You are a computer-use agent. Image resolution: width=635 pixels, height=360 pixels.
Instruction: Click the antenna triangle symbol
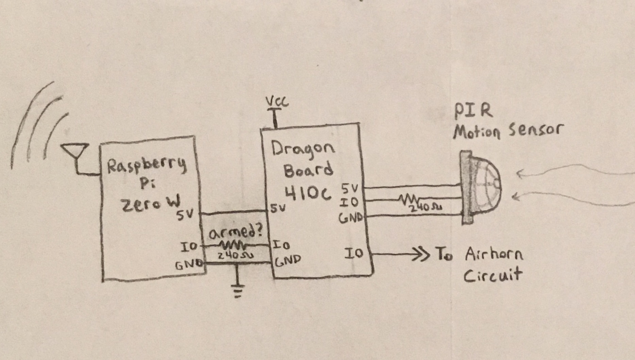(74, 151)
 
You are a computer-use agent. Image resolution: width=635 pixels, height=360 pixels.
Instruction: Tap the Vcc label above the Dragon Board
(277, 101)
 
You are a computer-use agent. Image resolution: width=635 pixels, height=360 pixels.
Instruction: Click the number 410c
(307, 193)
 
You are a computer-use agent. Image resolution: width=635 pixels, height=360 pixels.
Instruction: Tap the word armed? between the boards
(235, 233)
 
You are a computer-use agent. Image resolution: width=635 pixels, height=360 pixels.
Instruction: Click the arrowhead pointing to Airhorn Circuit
(420, 254)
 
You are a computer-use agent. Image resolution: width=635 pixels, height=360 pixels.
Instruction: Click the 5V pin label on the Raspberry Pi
(185, 215)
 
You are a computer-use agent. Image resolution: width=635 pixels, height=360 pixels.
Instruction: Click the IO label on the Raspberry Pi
(188, 246)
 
